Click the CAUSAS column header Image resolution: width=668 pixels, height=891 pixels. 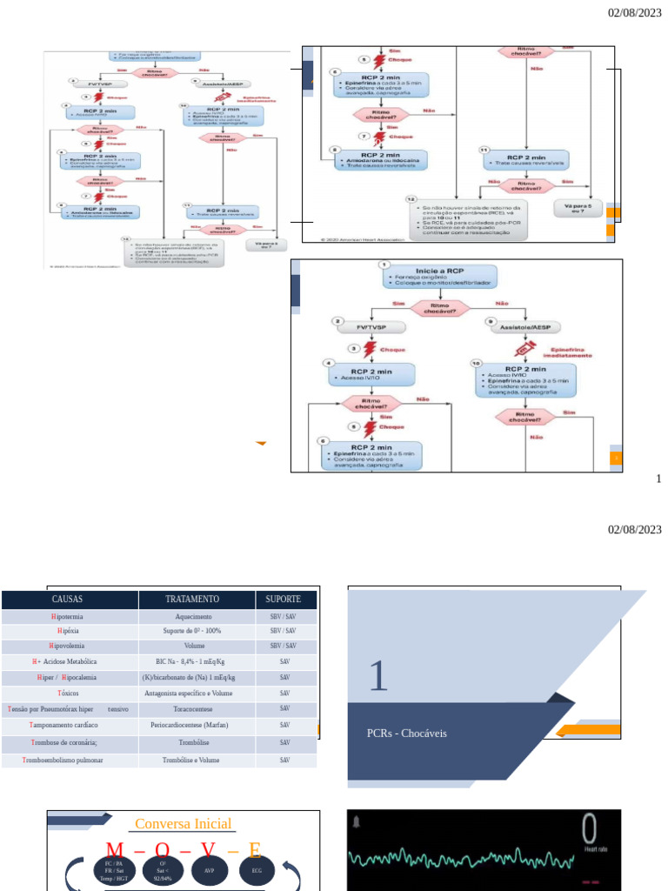68,600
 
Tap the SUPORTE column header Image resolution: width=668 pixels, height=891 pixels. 283,600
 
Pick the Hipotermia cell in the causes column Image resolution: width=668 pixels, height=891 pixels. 68,616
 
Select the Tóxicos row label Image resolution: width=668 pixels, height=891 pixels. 68,693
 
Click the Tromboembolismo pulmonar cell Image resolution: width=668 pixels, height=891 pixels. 68,760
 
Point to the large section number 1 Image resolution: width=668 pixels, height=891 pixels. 377,676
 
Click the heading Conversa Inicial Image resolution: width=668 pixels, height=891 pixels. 183,824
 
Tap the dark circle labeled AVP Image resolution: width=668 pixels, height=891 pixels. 209,870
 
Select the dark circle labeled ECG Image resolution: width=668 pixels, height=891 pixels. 257,870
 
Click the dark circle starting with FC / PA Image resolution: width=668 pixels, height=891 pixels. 114,870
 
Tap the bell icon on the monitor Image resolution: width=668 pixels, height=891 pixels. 357,822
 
